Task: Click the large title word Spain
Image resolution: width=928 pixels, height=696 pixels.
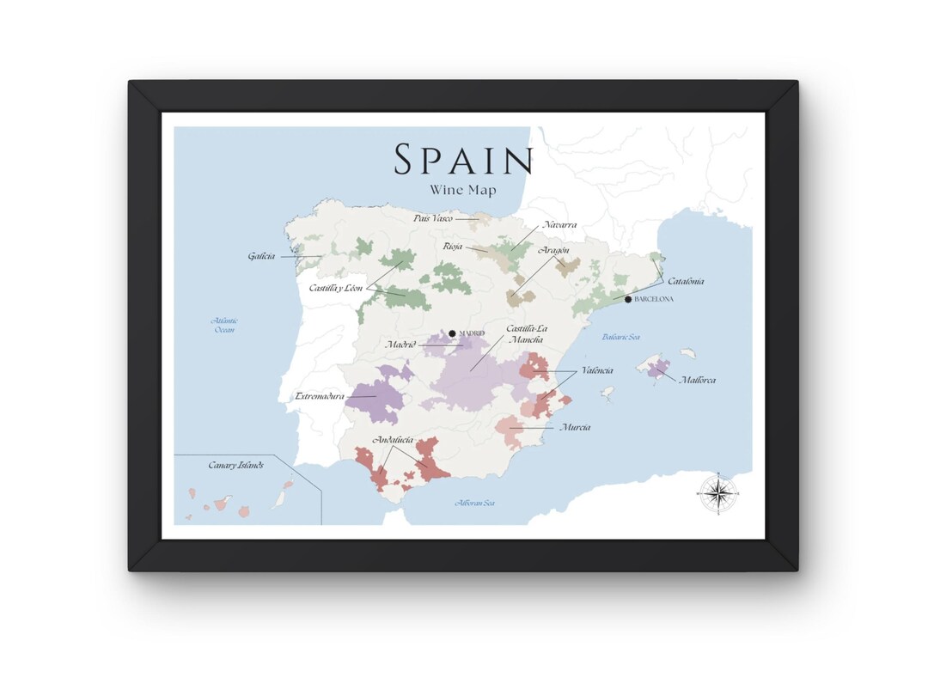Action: click(464, 161)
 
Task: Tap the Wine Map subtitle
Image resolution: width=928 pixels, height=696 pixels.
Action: click(464, 190)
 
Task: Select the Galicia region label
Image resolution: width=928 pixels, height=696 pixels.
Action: click(262, 256)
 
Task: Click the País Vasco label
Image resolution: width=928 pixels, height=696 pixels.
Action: click(432, 218)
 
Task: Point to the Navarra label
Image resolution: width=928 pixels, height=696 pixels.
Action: click(559, 225)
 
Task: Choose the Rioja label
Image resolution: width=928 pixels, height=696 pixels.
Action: click(453, 247)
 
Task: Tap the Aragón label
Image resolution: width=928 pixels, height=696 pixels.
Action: click(554, 250)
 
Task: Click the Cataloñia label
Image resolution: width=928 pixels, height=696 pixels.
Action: click(686, 281)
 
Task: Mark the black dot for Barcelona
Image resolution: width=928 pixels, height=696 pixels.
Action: click(628, 299)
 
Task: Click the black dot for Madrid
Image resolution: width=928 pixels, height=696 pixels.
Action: click(452, 333)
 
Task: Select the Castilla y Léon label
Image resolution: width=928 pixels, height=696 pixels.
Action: click(336, 288)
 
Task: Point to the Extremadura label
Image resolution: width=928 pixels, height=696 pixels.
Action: click(320, 397)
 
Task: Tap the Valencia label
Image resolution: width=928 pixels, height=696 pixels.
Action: click(597, 370)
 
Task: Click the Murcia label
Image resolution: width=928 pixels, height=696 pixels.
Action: click(576, 427)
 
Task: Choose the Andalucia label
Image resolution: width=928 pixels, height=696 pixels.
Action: click(392, 440)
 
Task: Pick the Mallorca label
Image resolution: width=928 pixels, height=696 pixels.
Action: click(697, 380)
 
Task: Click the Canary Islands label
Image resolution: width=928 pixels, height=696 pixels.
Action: click(235, 465)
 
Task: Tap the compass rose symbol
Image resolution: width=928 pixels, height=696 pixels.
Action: click(718, 493)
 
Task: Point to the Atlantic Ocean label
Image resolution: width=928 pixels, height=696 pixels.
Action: click(225, 325)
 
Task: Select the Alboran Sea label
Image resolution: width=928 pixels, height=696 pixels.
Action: click(475, 503)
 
